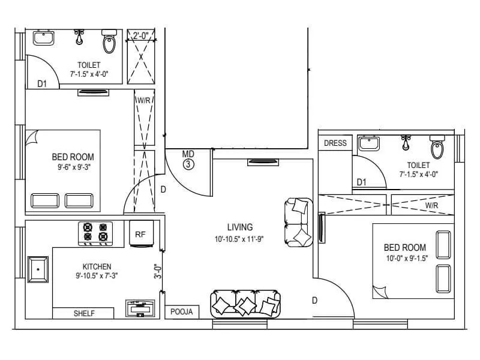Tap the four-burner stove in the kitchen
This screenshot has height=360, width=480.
point(96,233)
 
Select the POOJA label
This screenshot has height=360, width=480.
point(181,312)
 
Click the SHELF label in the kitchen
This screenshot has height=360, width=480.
point(85,313)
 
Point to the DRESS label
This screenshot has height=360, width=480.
point(335,143)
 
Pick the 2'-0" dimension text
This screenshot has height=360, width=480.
point(141,35)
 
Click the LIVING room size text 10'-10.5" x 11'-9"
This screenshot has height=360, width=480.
point(240,239)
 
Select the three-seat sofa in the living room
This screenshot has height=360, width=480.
point(245,303)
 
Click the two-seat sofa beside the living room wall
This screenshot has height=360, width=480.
point(299,222)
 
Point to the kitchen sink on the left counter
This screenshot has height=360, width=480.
point(38,269)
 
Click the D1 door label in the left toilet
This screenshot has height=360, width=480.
point(42,84)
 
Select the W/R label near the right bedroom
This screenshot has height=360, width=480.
point(431,205)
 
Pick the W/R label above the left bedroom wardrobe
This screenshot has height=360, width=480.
point(143,100)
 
